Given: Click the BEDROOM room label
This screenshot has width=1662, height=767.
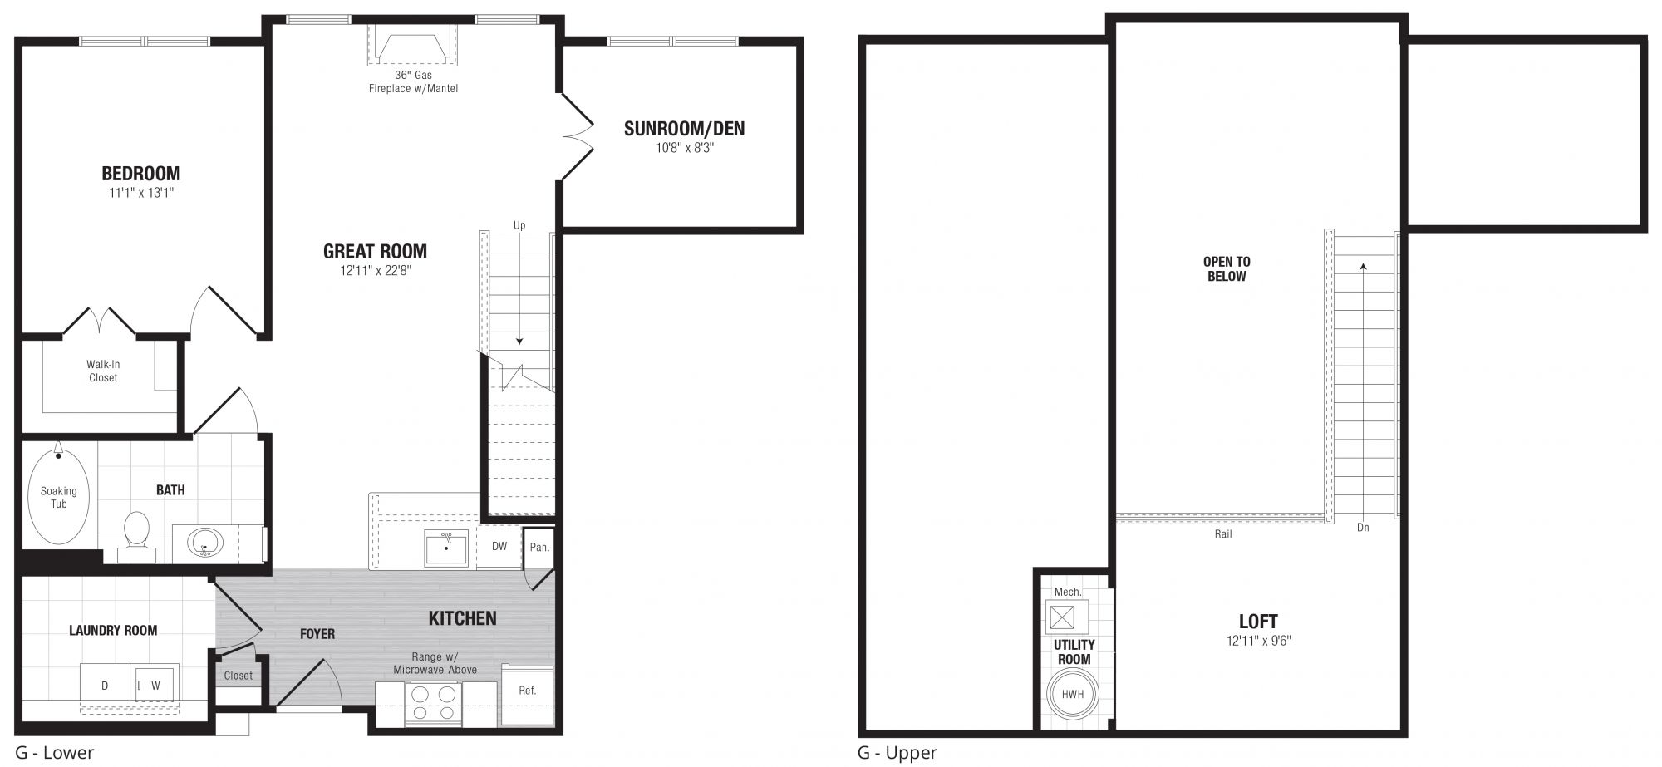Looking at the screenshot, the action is coord(140,174).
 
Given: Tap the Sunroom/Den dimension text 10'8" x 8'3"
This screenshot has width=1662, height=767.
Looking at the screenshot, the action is coord(684,148).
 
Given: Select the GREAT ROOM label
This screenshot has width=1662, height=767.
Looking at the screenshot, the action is coord(375,251).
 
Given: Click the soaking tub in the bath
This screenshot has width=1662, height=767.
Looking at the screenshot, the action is coord(58,495).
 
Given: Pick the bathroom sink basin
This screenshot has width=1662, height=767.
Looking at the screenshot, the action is coord(205,543).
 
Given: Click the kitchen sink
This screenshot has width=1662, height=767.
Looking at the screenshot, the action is coord(446,548).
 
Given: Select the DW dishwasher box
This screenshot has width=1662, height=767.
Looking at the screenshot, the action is coord(499,547).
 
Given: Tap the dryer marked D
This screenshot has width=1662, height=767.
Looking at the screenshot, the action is coord(105,685).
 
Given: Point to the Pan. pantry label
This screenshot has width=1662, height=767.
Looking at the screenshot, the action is coord(539,548).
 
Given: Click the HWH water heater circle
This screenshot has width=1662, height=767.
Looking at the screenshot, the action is coord(1073,694).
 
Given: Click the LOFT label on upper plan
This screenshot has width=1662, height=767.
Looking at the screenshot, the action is coord(1258,622).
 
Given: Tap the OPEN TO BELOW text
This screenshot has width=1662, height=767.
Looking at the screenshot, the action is coord(1227,268).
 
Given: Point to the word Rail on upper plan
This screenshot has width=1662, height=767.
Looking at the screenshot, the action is coord(1223,534).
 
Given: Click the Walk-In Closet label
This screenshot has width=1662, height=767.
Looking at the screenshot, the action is coord(103,371).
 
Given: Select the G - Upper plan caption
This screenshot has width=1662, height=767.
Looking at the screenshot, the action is coord(897,753).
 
